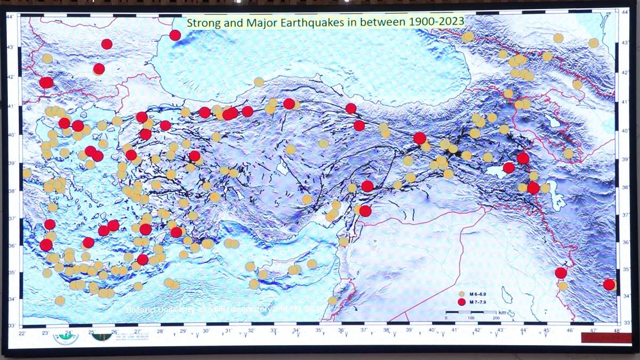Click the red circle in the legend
462,302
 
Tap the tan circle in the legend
462,294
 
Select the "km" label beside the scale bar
502,312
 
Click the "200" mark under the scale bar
495,318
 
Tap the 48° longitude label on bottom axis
617,331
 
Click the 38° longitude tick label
386,331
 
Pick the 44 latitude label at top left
9,17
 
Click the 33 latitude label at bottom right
627,322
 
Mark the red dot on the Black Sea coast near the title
175,35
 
